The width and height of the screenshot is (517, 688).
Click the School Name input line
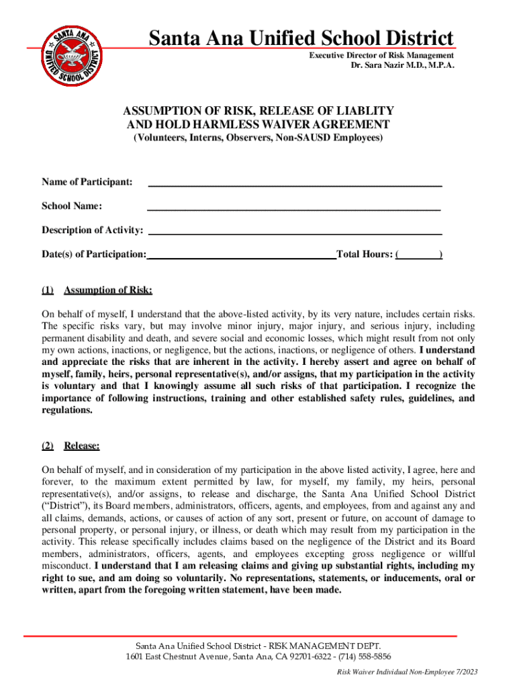[294, 206]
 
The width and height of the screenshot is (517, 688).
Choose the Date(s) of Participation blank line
[241, 255]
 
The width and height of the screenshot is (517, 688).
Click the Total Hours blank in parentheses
[419, 255]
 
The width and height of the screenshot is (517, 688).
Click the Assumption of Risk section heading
[107, 290]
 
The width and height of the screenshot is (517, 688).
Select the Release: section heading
[81, 445]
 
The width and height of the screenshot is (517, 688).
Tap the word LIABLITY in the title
[359, 110]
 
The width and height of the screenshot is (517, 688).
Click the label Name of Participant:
[87, 182]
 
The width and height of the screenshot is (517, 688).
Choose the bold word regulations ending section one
[67, 411]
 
